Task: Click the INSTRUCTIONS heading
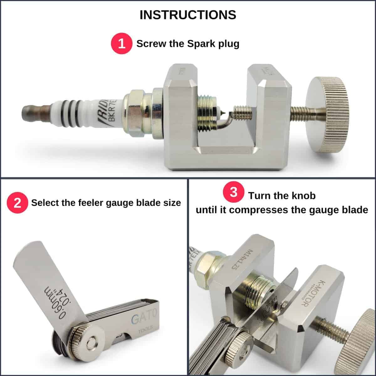(188, 15)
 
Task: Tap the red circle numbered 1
(122, 44)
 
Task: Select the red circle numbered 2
(18, 203)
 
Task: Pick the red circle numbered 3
(233, 192)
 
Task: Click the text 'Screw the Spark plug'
(188, 44)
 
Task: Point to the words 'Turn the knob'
(282, 196)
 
